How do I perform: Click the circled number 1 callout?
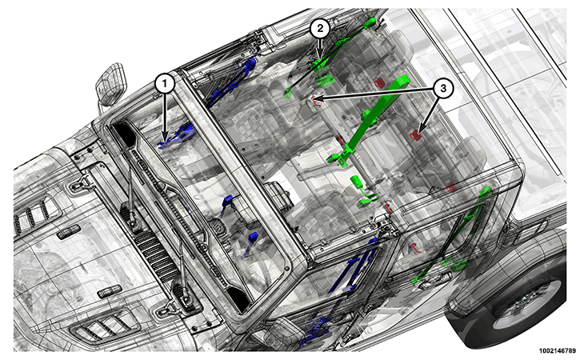tap(165, 84)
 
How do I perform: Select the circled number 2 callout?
tap(319, 29)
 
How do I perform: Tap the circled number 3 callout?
tap(442, 89)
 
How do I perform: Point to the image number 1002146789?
tap(558, 350)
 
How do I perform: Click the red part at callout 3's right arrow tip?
tap(416, 135)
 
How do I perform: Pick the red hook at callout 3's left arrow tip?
tap(314, 101)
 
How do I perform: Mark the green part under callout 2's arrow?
tap(319, 66)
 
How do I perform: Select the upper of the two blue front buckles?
tap(226, 202)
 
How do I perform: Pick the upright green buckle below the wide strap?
tap(357, 182)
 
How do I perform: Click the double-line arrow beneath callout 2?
tap(320, 48)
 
